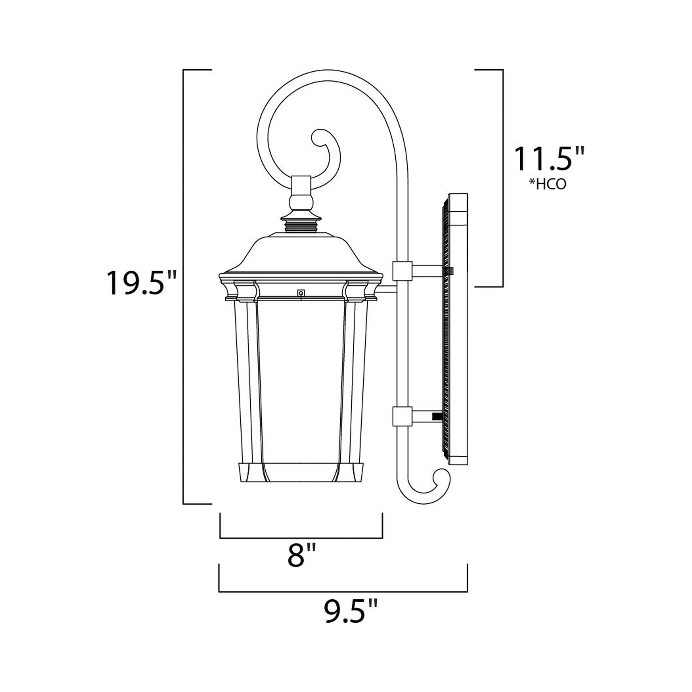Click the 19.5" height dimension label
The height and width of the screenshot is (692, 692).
point(142,283)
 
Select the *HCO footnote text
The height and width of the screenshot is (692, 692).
point(548,184)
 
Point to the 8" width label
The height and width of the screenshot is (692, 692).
point(302,555)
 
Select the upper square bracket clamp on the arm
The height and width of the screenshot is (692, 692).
point(401,271)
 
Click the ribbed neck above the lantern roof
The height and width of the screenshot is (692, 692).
point(301,225)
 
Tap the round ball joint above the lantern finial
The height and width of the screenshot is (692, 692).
point(301,202)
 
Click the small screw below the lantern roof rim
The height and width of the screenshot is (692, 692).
point(301,293)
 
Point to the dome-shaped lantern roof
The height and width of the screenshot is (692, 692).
point(301,255)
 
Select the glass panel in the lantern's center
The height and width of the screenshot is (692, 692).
point(301,380)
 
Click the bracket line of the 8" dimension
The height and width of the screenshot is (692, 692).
point(301,538)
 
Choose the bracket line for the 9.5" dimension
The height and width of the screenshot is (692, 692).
point(343,591)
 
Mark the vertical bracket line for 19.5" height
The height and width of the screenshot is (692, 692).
point(183,287)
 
